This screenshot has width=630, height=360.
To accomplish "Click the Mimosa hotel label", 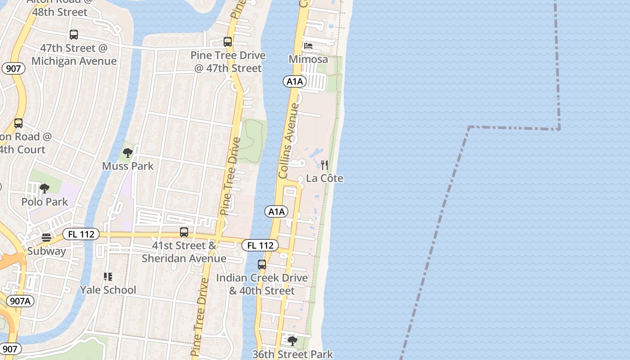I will (308, 59).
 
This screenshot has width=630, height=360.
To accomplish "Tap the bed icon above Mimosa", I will (308, 46).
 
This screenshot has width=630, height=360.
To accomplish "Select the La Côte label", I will (324, 179).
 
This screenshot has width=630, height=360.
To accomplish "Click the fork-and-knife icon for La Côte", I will (324, 165).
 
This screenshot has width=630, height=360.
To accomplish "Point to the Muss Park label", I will (128, 166).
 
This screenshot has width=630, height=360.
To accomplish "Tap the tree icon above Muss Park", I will (128, 153).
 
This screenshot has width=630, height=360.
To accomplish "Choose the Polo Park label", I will (45, 202).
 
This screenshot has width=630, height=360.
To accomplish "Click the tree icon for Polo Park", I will (44, 189).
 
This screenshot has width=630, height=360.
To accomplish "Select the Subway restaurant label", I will (46, 251).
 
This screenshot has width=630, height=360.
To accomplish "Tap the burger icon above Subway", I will (46, 238).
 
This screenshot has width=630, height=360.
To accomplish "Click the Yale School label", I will (108, 290).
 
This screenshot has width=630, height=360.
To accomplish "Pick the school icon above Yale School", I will (108, 276).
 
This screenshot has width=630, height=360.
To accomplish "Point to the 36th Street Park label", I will (292, 354).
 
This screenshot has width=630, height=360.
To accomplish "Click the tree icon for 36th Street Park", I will (292, 341).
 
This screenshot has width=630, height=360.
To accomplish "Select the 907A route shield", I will (20, 301).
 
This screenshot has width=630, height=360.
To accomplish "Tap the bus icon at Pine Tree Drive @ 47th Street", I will (228, 42).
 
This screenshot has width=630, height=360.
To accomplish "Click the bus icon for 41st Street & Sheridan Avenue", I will (184, 232).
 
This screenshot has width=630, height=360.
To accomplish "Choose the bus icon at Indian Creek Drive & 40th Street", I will (262, 265).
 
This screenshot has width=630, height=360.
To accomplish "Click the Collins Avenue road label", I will (289, 140).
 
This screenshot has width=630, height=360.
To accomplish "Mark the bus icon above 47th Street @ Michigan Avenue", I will (74, 35).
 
